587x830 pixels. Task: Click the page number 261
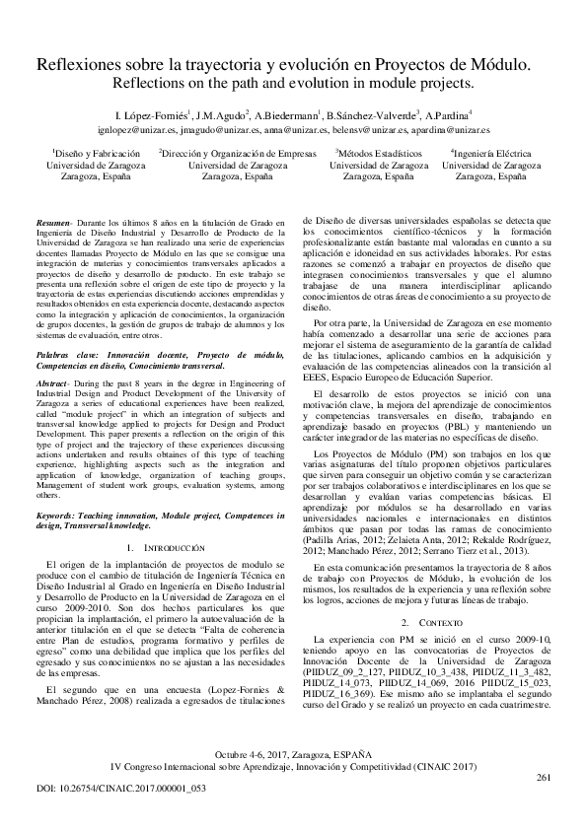(x=543, y=778)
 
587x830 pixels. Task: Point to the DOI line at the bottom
(x=110, y=791)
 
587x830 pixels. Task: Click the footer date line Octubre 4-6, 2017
(x=293, y=753)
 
